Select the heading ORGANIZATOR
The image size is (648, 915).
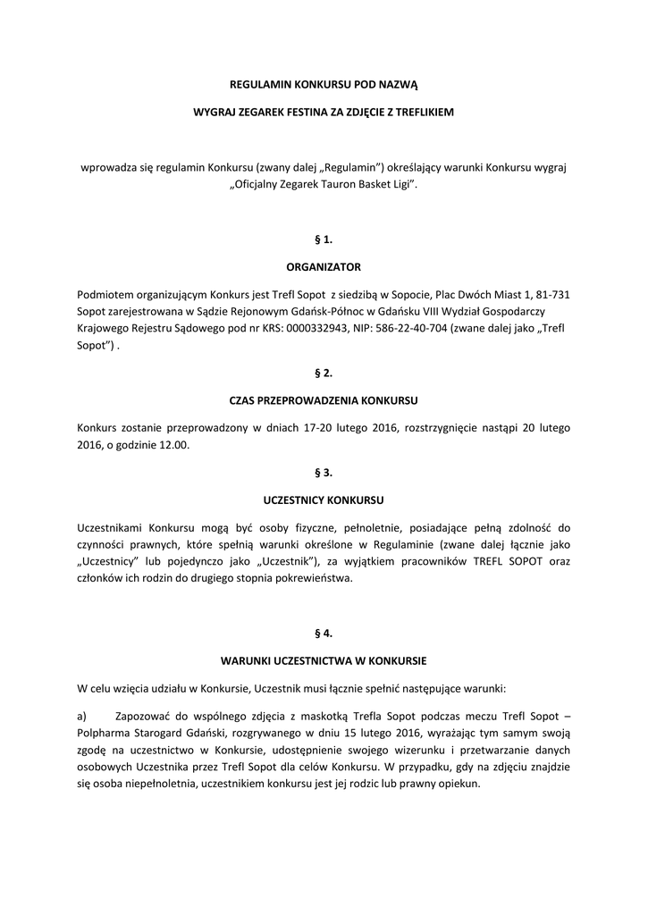[323, 265]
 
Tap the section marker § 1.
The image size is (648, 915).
[323, 239]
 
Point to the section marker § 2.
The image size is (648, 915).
[323, 373]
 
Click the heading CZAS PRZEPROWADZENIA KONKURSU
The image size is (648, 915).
[323, 399]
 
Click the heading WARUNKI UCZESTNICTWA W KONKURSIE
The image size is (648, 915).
[323, 661]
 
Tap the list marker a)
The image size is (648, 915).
[82, 716]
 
